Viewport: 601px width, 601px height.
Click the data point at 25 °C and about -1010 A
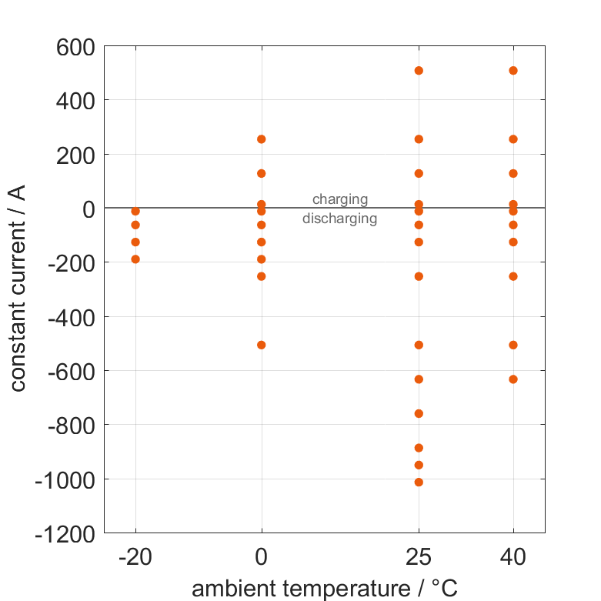click(419, 482)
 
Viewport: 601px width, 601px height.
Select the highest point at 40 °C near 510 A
click(513, 71)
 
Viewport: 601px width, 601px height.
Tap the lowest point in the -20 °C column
click(135, 259)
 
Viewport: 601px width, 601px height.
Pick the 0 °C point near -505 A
click(262, 345)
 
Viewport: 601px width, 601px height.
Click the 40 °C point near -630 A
click(513, 379)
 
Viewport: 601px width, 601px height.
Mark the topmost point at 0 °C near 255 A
click(262, 139)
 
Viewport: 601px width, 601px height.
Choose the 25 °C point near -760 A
click(419, 413)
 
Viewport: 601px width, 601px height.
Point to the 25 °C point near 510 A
click(419, 71)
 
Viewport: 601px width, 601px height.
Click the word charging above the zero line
click(339, 199)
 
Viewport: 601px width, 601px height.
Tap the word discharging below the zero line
click(339, 219)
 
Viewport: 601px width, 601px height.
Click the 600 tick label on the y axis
click(75, 47)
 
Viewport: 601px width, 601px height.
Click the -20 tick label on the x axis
click(135, 557)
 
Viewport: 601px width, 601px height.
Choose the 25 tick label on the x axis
click(419, 557)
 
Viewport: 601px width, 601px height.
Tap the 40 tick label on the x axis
click(513, 557)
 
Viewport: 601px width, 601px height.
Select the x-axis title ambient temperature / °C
click(324, 589)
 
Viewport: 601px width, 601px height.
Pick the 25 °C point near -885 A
click(419, 448)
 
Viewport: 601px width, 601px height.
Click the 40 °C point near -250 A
click(513, 276)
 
